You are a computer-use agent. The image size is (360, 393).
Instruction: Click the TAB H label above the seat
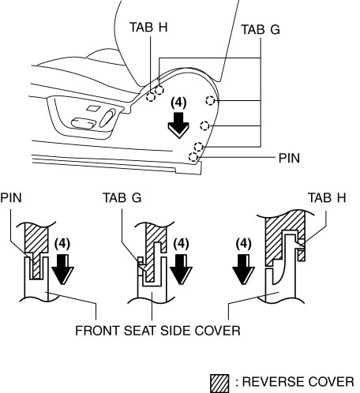pos(148,27)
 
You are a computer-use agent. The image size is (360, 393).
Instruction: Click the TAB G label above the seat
pos(261,29)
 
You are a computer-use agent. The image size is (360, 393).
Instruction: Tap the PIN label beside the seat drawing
pos(289,158)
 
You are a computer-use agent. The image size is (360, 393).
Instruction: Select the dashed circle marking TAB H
pos(151,97)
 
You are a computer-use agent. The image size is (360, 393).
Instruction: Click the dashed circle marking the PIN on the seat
pos(193,157)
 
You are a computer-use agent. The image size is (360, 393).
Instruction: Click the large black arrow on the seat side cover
pos(178,125)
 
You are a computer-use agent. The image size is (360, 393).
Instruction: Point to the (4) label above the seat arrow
pos(178,103)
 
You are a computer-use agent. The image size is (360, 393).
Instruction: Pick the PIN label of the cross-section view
pos(11,197)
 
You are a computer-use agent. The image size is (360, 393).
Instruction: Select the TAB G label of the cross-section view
pos(122,197)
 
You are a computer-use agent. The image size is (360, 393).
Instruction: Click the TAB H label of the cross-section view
pos(327,197)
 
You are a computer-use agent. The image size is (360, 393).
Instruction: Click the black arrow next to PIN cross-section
pos(62,269)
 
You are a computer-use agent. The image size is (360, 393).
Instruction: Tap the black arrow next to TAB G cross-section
pos(181,269)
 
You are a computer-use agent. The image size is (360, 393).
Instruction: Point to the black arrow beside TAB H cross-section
pos(243,269)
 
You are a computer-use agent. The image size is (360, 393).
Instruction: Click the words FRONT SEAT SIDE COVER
pos(158,331)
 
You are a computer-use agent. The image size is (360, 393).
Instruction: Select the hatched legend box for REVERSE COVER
pos(219,384)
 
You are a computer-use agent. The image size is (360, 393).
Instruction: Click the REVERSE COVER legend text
pos(298,382)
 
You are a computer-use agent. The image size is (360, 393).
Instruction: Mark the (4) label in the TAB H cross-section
pos(243,244)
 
